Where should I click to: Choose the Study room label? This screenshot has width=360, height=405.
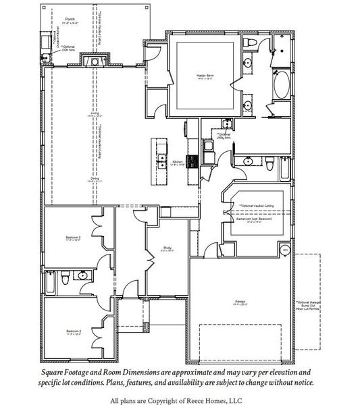168,248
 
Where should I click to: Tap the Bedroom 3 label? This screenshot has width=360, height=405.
73,238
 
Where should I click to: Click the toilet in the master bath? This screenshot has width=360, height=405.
249,43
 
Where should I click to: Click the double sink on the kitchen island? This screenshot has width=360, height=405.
162,161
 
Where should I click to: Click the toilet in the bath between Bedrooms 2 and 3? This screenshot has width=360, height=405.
63,276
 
